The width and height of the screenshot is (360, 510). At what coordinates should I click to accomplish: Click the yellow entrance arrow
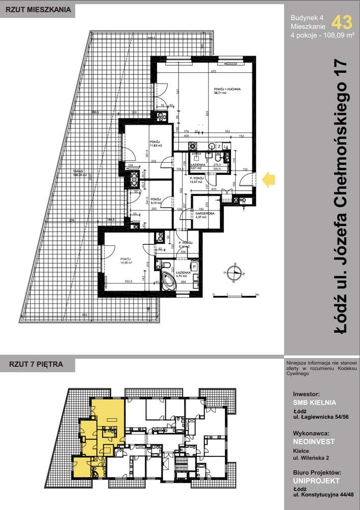(268, 178)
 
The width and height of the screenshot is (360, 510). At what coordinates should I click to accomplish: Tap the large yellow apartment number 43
(341, 22)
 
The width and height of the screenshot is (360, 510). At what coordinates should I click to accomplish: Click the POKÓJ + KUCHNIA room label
(227, 89)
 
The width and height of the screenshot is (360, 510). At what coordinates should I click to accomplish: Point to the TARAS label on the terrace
(78, 171)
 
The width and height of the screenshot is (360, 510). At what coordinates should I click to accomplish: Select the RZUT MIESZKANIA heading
(35, 9)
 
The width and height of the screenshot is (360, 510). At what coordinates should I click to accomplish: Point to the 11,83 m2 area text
(156, 146)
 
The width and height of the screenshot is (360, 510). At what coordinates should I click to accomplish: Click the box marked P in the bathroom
(194, 266)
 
